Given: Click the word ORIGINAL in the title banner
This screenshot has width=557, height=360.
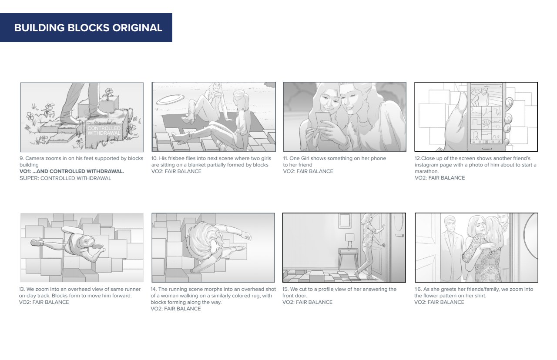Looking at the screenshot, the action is pyautogui.click(x=137, y=27).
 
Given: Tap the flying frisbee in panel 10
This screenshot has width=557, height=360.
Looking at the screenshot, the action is pyautogui.click(x=170, y=100).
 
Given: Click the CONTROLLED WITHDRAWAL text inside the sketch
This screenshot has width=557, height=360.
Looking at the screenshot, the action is pyautogui.click(x=104, y=131).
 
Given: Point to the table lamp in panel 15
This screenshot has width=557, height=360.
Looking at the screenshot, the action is pyautogui.click(x=349, y=240).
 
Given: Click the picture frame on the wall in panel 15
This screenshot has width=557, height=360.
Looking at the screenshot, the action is pyautogui.click(x=345, y=221).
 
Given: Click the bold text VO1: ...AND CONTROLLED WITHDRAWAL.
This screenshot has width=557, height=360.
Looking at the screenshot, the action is pyautogui.click(x=72, y=171).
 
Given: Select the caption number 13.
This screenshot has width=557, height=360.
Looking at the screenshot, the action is pyautogui.click(x=22, y=289).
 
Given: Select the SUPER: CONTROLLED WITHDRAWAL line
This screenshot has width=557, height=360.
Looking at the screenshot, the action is pyautogui.click(x=65, y=178).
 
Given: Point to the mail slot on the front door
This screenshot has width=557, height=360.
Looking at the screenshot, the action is pyautogui.click(x=399, y=235).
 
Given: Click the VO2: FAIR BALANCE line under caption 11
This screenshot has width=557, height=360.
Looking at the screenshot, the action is pyautogui.click(x=308, y=171).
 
